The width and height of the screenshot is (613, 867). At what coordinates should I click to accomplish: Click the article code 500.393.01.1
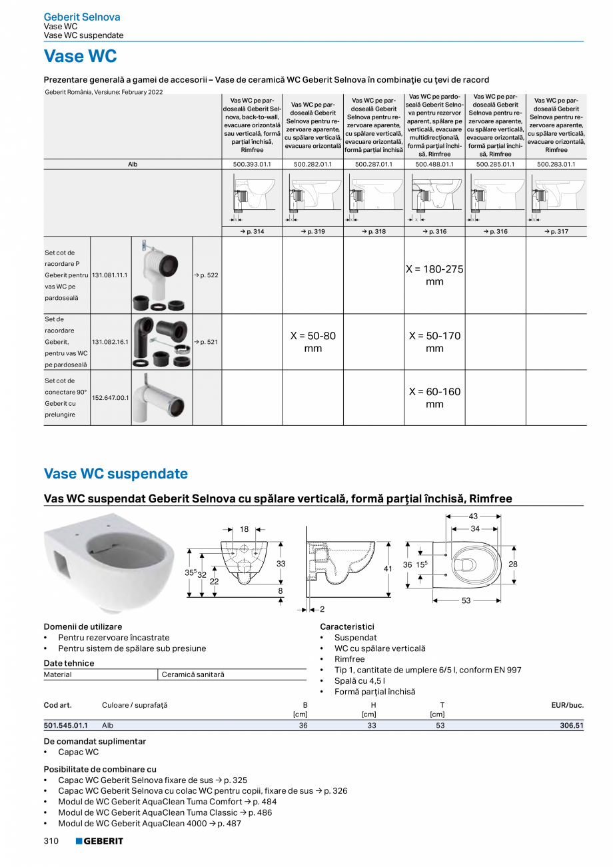click(252, 163)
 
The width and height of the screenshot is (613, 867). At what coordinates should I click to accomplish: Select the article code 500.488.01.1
click(434, 163)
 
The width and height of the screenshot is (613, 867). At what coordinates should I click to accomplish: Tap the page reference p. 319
click(312, 231)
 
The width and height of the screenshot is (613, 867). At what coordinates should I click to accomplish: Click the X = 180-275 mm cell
click(434, 275)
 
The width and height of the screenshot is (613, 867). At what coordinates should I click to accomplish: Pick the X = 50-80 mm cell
click(312, 342)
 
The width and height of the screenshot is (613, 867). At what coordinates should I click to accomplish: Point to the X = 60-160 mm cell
click(434, 398)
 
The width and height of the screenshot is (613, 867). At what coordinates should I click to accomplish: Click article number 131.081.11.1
click(110, 275)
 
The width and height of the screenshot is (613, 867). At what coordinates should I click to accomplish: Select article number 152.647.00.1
click(110, 398)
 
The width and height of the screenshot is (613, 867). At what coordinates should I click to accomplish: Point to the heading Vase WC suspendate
click(116, 474)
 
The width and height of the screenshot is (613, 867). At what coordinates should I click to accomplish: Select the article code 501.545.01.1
click(65, 726)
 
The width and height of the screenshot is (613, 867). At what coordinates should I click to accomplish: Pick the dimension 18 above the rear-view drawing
click(244, 529)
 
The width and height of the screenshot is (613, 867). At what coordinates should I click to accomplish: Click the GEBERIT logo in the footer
click(99, 842)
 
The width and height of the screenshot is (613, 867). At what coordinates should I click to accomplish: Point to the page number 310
click(51, 842)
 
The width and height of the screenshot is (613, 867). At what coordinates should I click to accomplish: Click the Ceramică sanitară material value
click(193, 674)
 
